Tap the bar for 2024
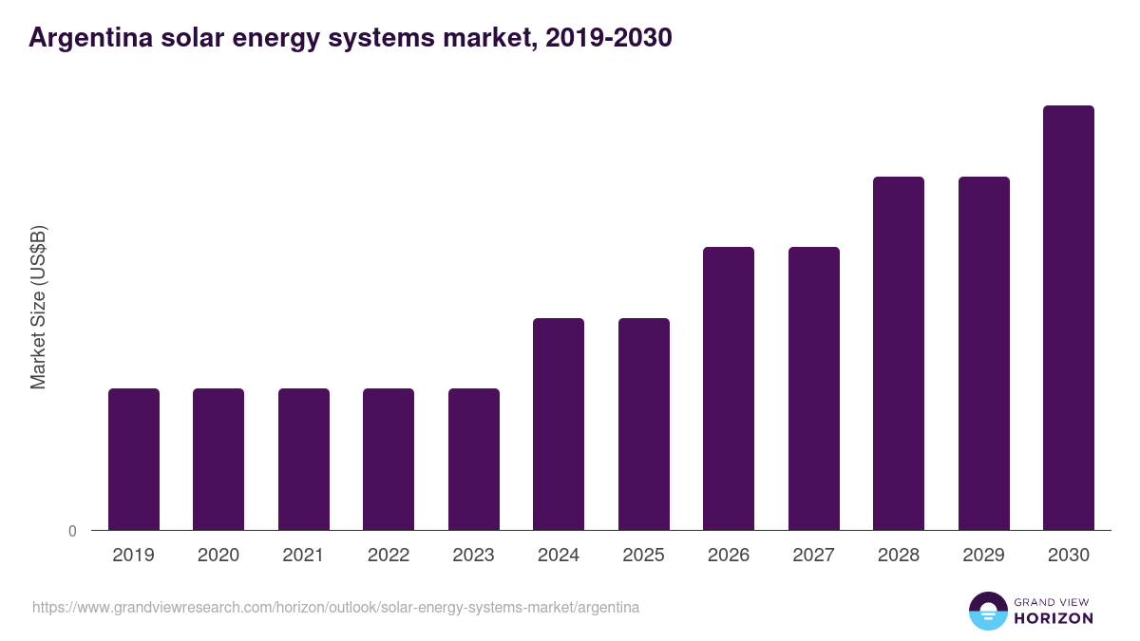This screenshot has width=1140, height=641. click(559, 424)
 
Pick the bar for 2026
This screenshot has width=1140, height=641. click(729, 388)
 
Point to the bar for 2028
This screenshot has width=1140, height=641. click(899, 353)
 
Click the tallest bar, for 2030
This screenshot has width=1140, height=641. click(1069, 317)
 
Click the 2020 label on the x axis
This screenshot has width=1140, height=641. click(218, 556)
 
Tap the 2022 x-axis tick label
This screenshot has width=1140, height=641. click(389, 556)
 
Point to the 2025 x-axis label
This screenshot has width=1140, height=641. click(643, 556)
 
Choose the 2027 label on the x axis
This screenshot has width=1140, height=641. click(813, 556)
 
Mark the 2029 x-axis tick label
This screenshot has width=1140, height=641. click(983, 556)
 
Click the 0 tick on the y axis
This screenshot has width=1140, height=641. click(72, 532)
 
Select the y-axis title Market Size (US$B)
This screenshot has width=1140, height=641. click(38, 308)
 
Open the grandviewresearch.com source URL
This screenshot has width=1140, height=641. click(335, 607)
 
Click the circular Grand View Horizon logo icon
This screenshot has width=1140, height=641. click(987, 611)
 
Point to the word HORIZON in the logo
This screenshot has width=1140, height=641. click(1053, 618)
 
